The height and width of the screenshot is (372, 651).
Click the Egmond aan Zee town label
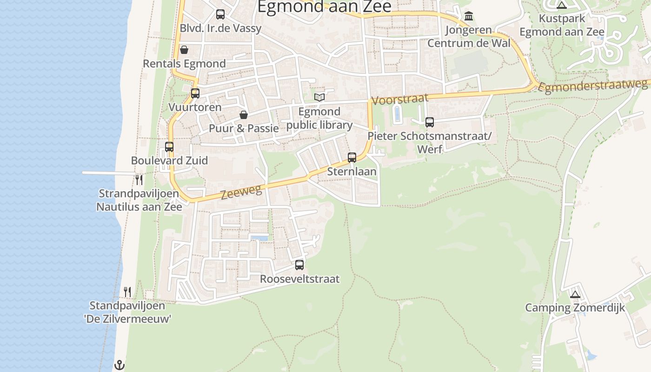click(324, 7)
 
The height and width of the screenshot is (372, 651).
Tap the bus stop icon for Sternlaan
click(352, 158)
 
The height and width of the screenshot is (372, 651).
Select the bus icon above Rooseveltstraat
click(299, 265)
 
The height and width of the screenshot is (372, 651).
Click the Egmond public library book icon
click(319, 97)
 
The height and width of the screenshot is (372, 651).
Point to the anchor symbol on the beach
click(120, 365)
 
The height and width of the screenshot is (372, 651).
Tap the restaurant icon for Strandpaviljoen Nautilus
click(139, 179)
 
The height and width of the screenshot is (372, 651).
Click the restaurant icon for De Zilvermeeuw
click(127, 292)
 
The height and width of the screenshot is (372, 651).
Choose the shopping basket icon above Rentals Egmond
click(184, 50)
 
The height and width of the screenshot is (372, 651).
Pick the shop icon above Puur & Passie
click(243, 114)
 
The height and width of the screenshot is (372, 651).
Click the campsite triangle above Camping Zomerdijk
click(575, 294)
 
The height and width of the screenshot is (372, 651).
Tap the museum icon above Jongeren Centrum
click(469, 16)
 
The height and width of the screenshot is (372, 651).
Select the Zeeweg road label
click(241, 191)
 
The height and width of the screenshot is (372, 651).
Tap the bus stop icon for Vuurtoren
click(195, 93)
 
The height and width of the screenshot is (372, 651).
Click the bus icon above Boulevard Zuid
click(169, 147)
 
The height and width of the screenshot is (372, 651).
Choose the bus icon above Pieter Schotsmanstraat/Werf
click(430, 122)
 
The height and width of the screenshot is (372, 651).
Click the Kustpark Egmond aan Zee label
click(562, 26)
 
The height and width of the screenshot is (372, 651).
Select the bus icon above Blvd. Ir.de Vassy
click(220, 14)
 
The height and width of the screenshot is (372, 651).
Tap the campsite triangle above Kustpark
click(562, 5)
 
